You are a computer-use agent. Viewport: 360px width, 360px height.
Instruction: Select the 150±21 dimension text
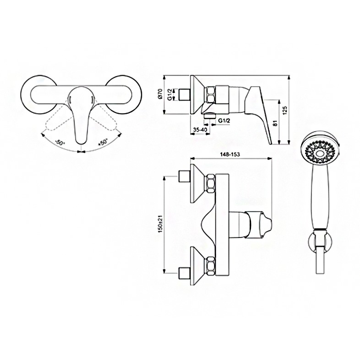(160, 224)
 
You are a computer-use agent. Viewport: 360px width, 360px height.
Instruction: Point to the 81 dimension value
(276, 123)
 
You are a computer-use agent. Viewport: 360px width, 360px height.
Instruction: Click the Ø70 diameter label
(160, 94)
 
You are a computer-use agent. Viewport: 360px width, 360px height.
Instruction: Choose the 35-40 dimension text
(200, 130)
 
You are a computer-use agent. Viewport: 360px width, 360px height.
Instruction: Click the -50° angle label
(60, 142)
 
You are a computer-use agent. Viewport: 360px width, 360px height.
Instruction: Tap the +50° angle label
(103, 142)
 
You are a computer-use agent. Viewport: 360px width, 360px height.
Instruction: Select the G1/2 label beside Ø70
(169, 95)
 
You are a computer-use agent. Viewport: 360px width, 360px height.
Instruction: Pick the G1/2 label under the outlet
(224, 121)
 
